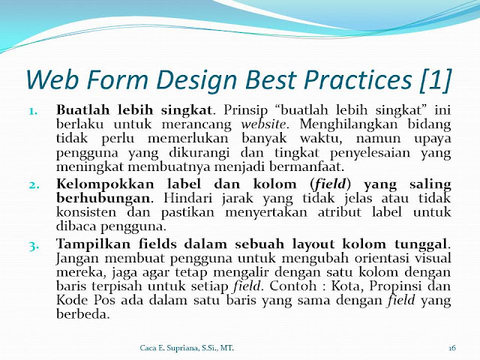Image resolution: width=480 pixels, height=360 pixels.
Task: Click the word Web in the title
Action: click(x=54, y=79)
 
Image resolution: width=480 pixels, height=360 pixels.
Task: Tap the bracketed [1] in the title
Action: click(x=436, y=80)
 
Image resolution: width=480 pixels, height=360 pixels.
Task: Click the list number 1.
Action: click(x=34, y=111)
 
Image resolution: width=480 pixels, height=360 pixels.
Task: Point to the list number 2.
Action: click(x=34, y=185)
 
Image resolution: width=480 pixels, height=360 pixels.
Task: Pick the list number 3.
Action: click(x=34, y=245)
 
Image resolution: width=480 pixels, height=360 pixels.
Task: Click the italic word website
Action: click(x=263, y=124)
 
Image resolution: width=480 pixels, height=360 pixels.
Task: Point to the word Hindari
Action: click(x=187, y=198)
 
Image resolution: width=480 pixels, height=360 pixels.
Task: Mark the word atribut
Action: click(x=340, y=212)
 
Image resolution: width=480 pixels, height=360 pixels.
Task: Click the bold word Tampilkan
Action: click(x=93, y=244)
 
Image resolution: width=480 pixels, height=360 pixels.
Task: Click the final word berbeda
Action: click(x=82, y=313)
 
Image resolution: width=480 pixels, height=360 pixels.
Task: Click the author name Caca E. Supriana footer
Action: click(x=169, y=348)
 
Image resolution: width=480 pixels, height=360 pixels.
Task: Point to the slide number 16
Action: click(x=452, y=348)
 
